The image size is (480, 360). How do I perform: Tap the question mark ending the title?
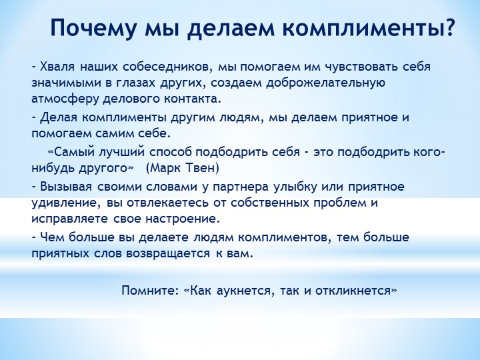click(448, 27)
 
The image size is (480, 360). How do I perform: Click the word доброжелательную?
click(325, 83)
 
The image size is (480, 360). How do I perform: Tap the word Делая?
click(58, 117)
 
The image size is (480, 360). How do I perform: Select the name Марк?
click(165, 168)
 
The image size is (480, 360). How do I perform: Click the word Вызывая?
click(66, 187)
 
